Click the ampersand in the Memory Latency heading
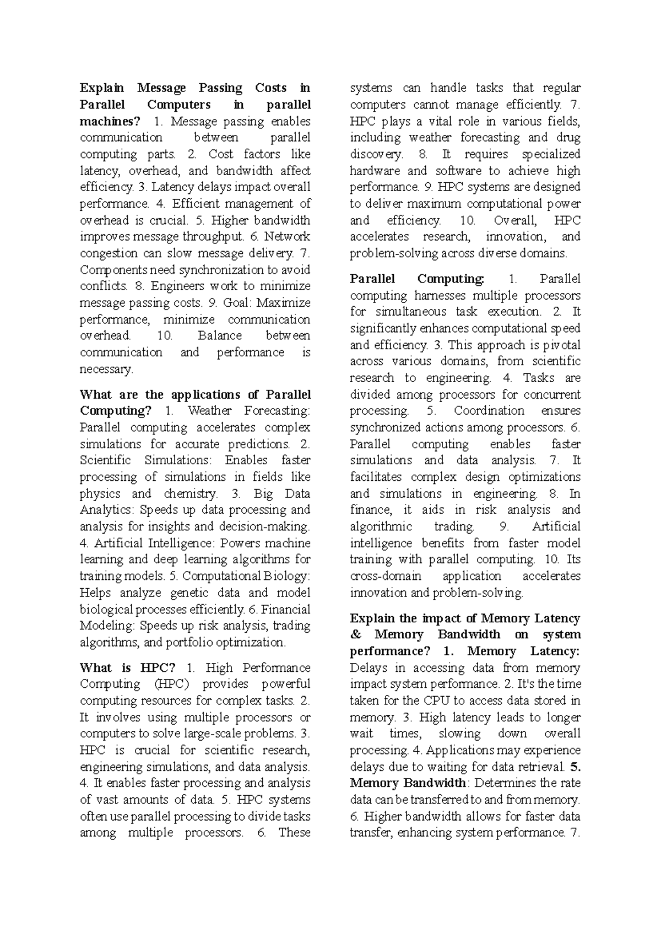point(355,635)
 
